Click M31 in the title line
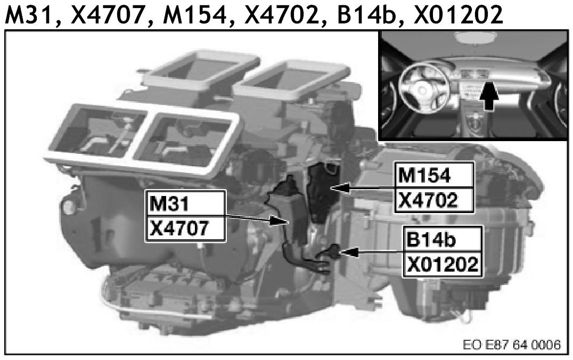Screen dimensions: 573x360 pos(29,15)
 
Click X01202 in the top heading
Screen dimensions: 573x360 pos(458,15)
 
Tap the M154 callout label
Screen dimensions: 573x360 pos(434,175)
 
